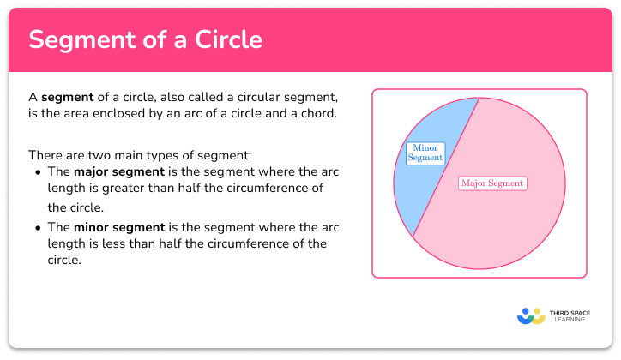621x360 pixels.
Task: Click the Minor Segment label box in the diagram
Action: coord(425,153)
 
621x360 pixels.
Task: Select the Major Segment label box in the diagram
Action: coord(491,183)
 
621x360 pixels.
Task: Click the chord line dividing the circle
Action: coord(446,167)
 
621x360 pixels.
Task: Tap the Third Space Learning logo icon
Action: coord(531,315)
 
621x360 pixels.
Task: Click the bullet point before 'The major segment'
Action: coord(39,172)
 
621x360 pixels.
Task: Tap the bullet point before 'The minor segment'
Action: coord(39,226)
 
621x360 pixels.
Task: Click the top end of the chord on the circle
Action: coord(478,98)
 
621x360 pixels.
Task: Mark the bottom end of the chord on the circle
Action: coord(413,237)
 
